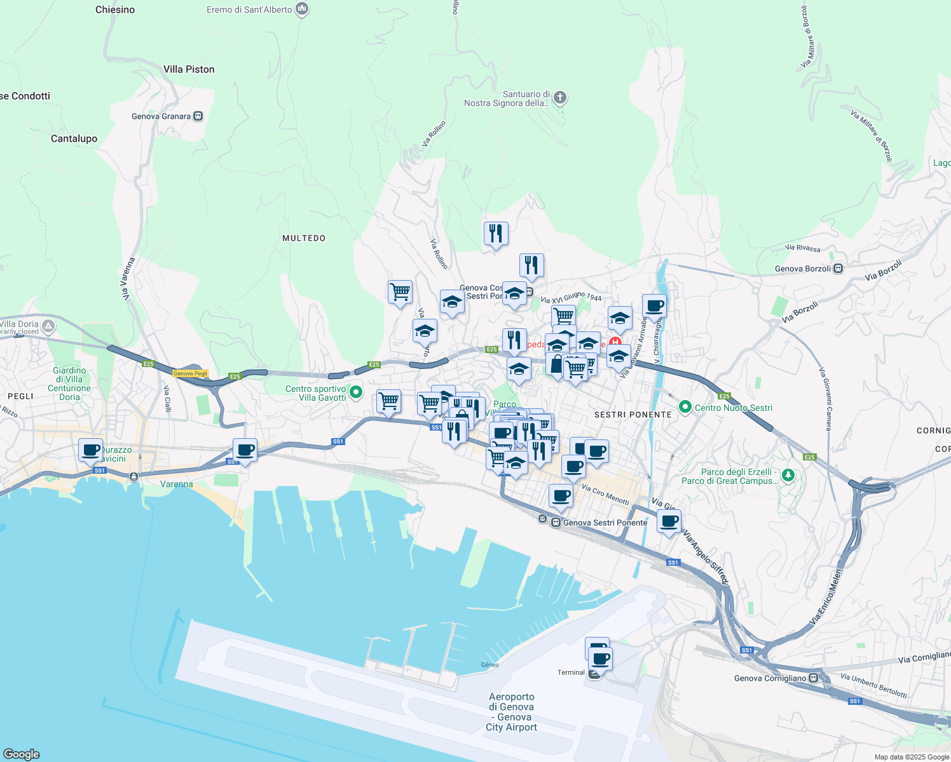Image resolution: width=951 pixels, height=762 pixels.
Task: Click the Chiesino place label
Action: coord(115,10)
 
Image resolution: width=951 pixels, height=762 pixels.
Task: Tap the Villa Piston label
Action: coord(189,69)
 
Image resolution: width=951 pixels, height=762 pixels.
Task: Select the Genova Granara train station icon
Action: coord(198,116)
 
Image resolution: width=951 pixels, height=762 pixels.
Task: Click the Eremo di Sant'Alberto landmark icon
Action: coord(302,9)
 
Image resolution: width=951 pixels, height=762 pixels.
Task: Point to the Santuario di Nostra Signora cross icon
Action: coord(559,98)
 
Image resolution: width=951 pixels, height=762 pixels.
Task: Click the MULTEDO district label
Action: coord(304,238)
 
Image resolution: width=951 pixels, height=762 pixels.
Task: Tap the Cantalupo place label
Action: coord(74,138)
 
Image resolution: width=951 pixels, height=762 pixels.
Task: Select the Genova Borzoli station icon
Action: coord(838,269)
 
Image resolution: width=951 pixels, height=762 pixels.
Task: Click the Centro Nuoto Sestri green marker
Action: coord(685,407)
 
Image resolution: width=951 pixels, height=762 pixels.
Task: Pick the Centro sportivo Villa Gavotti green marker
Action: coord(356,393)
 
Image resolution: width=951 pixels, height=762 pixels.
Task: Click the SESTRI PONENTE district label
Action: coord(633,415)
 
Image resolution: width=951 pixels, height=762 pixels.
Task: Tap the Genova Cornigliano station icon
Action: coord(814,678)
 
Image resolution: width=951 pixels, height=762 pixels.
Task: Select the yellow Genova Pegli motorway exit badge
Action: coord(191,373)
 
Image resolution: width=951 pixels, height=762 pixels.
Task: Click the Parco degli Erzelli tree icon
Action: coord(788,476)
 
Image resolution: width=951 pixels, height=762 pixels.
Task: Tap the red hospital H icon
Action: coord(615,343)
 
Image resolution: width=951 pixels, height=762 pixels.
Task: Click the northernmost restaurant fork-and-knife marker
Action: coord(496,233)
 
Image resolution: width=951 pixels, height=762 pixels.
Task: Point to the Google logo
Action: coord(22,754)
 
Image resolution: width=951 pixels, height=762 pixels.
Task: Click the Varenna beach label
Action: coord(176,484)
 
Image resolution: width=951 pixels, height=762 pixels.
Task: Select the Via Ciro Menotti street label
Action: coord(605,495)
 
